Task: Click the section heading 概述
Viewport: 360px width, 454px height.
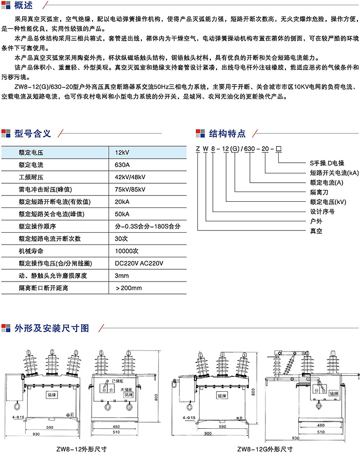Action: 24,6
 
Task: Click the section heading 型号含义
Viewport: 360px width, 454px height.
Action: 33,133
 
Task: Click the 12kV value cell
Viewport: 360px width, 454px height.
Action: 122,152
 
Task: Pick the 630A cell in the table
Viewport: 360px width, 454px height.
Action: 123,165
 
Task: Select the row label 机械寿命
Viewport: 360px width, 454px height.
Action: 31,251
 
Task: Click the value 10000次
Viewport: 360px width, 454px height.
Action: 127,251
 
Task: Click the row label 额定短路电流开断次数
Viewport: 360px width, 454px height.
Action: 50,239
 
